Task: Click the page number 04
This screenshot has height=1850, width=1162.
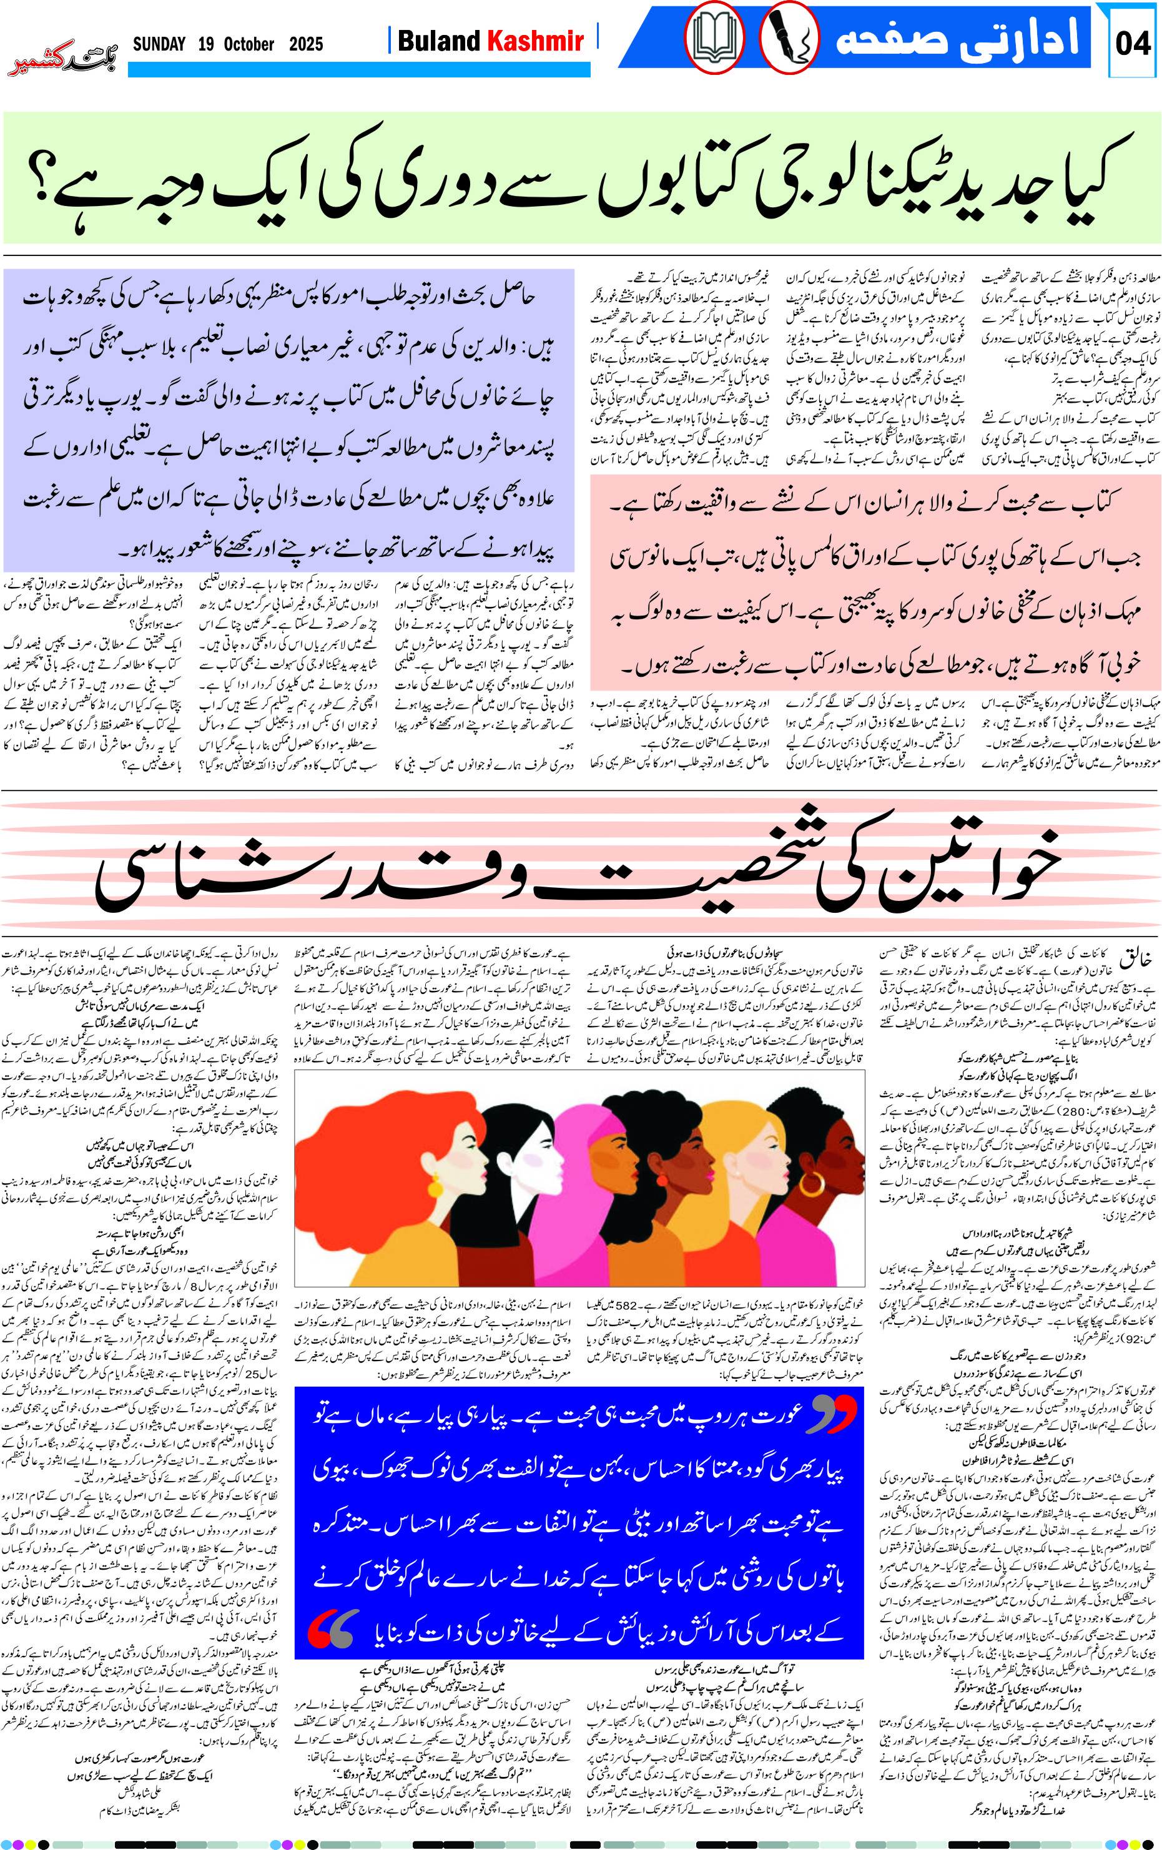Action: click(1133, 43)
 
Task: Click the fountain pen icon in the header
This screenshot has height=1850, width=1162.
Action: click(789, 39)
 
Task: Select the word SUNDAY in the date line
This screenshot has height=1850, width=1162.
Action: click(159, 44)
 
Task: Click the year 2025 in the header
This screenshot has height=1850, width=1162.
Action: click(306, 44)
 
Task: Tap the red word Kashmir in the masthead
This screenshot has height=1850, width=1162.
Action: click(536, 41)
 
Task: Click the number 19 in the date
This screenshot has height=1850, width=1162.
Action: click(205, 44)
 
